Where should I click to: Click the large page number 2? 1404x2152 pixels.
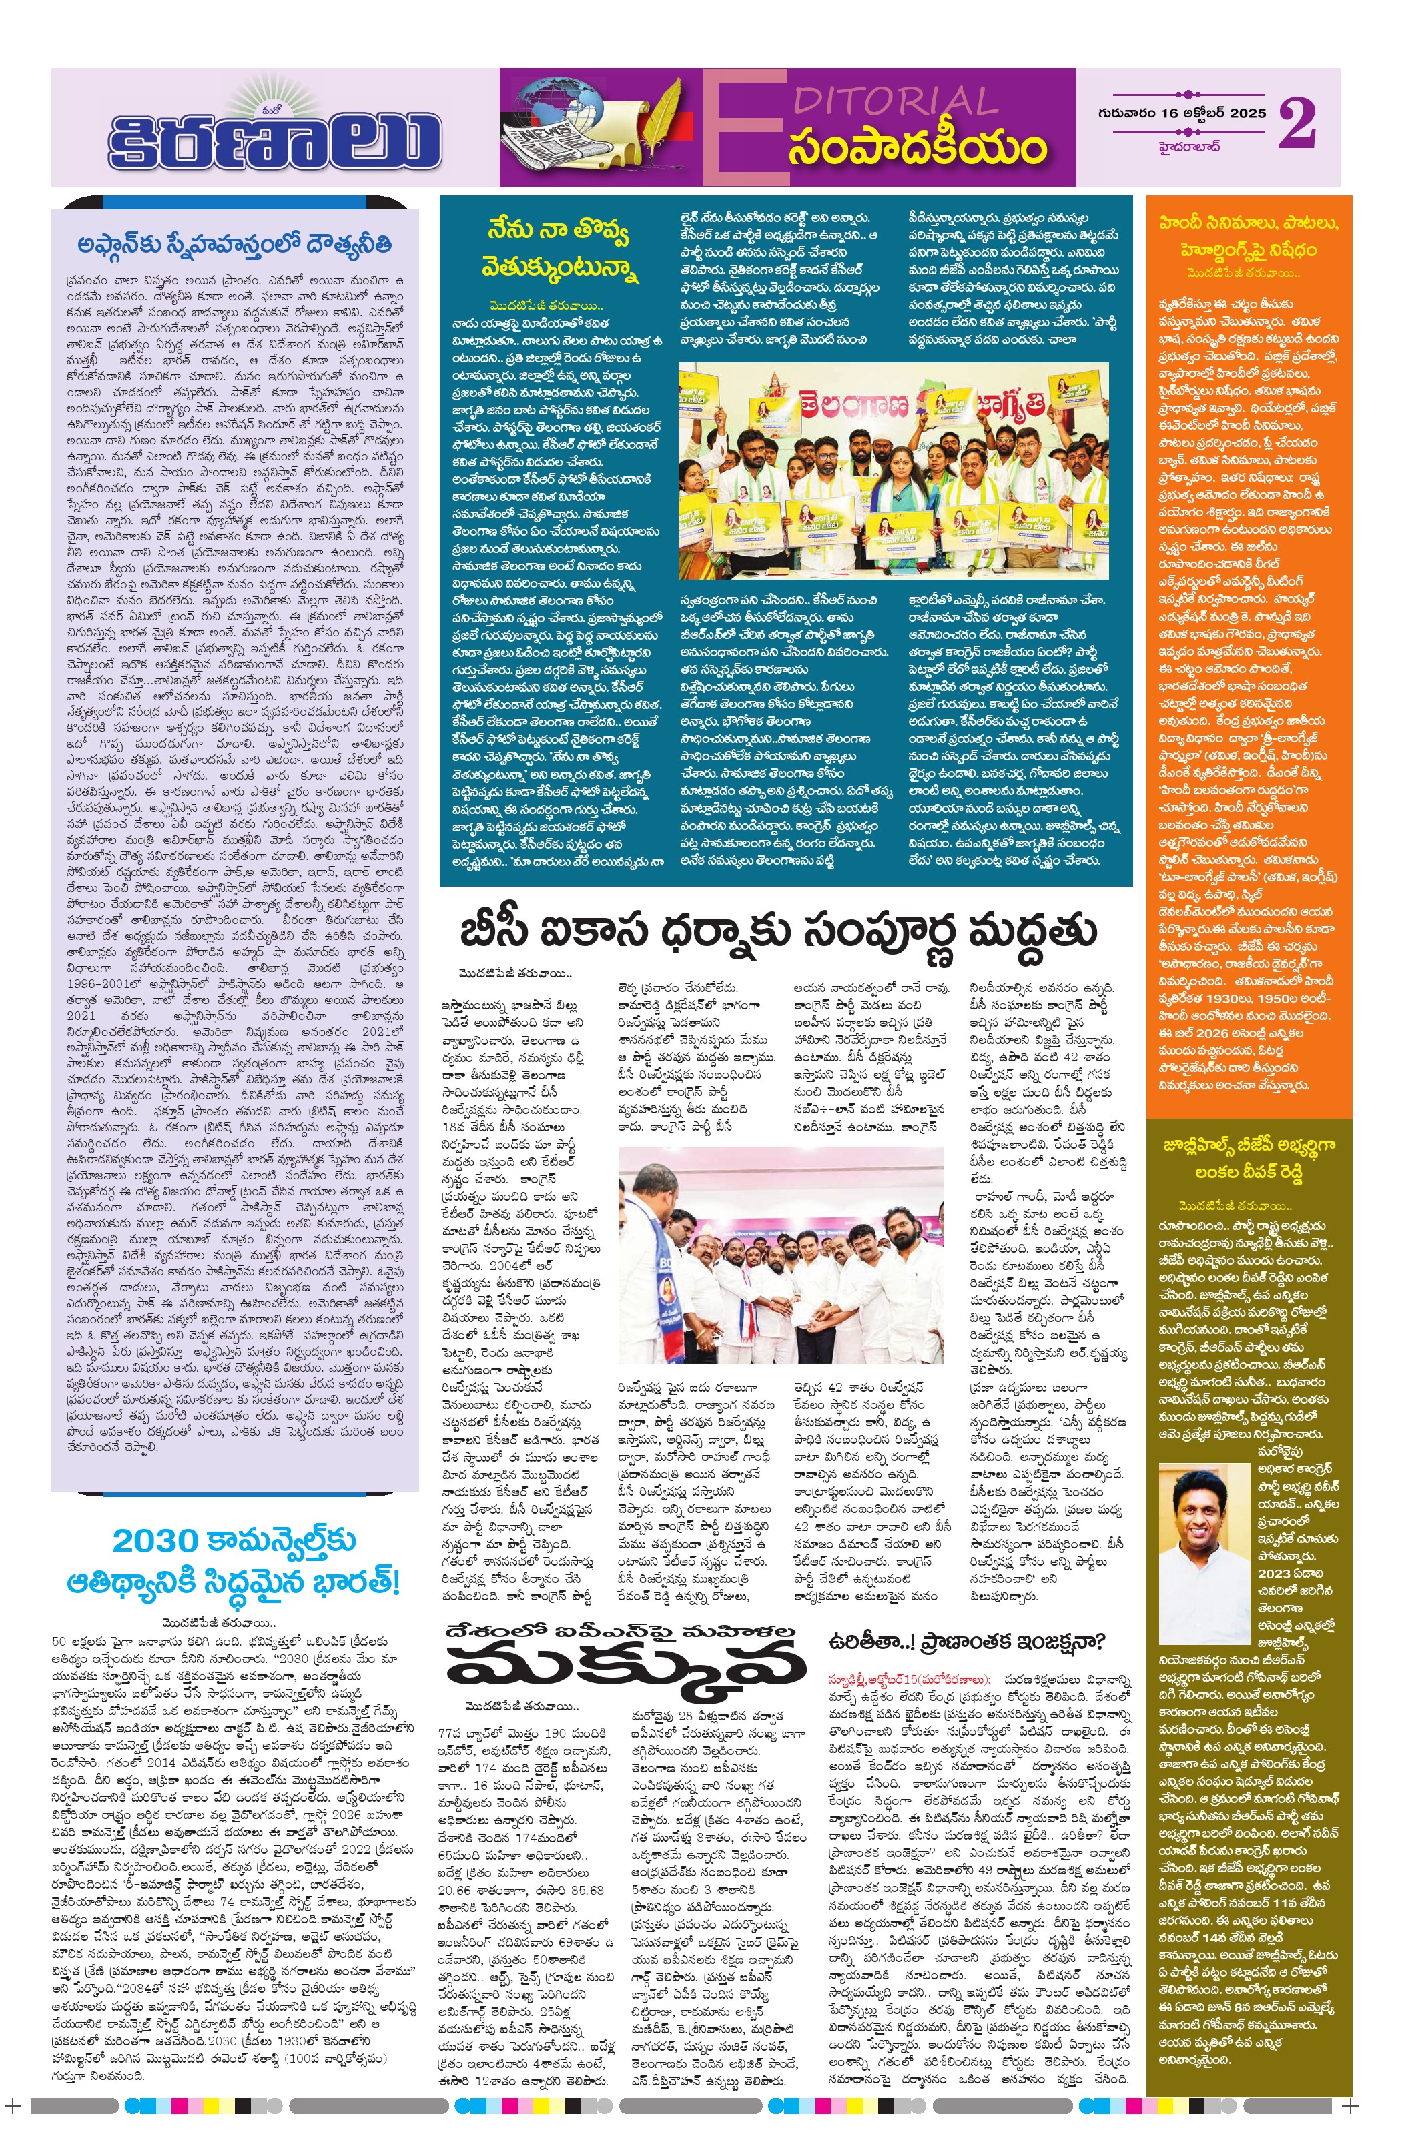click(1295, 124)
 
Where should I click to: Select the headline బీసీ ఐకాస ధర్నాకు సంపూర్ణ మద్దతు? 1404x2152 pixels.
click(779, 931)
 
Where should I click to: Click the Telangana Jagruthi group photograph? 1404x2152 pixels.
click(893, 470)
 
